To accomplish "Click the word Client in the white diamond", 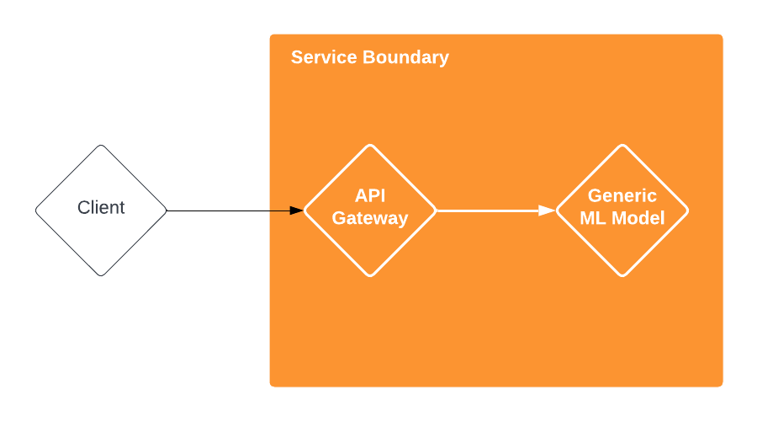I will pos(101,208).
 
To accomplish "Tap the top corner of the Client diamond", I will pos(101,147).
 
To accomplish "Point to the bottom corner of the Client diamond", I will pos(101,274).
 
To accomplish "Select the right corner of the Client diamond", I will pos(166,210).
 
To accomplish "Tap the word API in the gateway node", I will pos(370,196).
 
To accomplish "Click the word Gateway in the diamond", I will pos(370,219).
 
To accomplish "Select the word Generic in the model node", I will pos(622,196).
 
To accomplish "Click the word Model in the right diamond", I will pos(638,219).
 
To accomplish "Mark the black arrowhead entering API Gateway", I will pos(296,210).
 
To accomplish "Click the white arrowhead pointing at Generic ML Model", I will pos(547,210).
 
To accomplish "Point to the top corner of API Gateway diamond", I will pos(370,146).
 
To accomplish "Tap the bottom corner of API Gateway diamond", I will pos(370,275).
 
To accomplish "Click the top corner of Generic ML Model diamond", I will pos(622,146).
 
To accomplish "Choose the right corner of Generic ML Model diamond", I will pos(688,210).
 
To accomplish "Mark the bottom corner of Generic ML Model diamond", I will pos(622,275).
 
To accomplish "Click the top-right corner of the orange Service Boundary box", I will pos(722,35).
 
